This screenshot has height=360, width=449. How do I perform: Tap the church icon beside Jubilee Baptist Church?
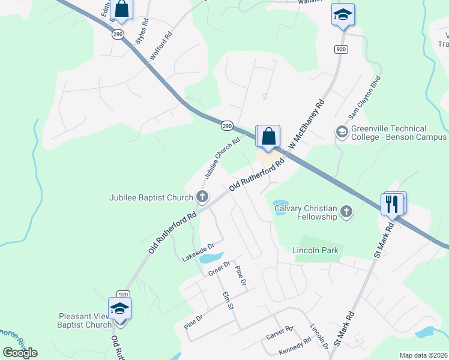(x=203, y=196)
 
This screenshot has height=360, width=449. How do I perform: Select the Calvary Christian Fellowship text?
(x=305, y=213)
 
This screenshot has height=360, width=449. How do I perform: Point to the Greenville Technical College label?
(x=397, y=133)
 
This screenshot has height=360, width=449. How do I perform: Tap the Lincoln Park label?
(x=315, y=250)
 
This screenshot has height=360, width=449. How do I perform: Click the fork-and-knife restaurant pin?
(x=393, y=204)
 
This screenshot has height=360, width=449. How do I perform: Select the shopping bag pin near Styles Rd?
(x=121, y=10)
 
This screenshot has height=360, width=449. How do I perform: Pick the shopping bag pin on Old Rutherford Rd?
(x=269, y=136)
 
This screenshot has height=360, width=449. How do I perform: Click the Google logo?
(x=20, y=352)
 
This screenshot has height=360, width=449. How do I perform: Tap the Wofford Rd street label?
(x=161, y=44)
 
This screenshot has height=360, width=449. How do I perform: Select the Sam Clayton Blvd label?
(x=365, y=97)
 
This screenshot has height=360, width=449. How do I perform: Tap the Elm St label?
(x=227, y=301)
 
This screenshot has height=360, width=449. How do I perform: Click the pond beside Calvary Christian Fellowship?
(x=280, y=204)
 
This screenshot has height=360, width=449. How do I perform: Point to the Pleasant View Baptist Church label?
(x=85, y=320)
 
